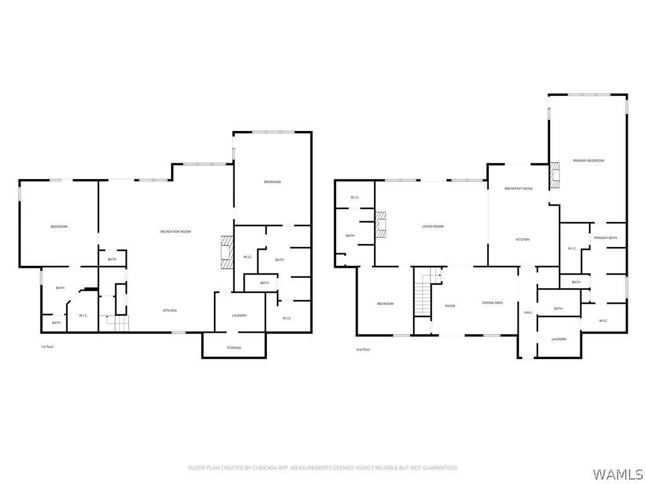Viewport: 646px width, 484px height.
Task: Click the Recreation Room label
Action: click(175, 232)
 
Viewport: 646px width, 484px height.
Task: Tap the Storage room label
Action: click(234, 348)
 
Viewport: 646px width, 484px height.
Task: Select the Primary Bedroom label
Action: click(589, 161)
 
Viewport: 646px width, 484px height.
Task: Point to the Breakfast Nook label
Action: click(519, 188)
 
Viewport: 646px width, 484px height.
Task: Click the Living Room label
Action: click(433, 226)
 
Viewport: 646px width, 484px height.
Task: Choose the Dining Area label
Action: click(492, 303)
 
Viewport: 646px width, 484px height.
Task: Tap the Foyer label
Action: click(450, 306)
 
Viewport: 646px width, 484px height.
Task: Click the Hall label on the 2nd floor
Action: click(528, 313)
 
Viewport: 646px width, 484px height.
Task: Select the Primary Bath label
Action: click(605, 238)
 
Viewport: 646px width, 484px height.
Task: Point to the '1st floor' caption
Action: click(47, 347)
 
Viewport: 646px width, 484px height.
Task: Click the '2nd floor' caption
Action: click(363, 349)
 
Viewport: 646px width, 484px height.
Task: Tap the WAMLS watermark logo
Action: click(617, 474)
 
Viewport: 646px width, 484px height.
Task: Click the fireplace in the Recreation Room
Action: click(227, 252)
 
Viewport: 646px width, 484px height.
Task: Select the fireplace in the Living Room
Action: click(380, 225)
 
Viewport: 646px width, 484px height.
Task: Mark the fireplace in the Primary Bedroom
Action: click(555, 176)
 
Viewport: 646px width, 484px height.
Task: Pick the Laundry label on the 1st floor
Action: click(239, 315)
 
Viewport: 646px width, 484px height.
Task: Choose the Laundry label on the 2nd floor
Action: click(559, 339)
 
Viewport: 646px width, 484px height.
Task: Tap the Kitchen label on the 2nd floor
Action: click(523, 239)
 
